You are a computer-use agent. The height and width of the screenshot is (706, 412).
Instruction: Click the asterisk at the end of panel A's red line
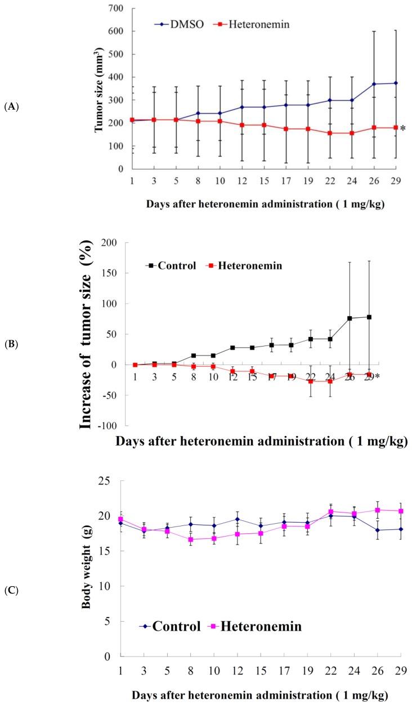pos(403,129)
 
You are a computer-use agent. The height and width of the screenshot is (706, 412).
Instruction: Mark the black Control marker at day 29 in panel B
pos(369,317)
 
